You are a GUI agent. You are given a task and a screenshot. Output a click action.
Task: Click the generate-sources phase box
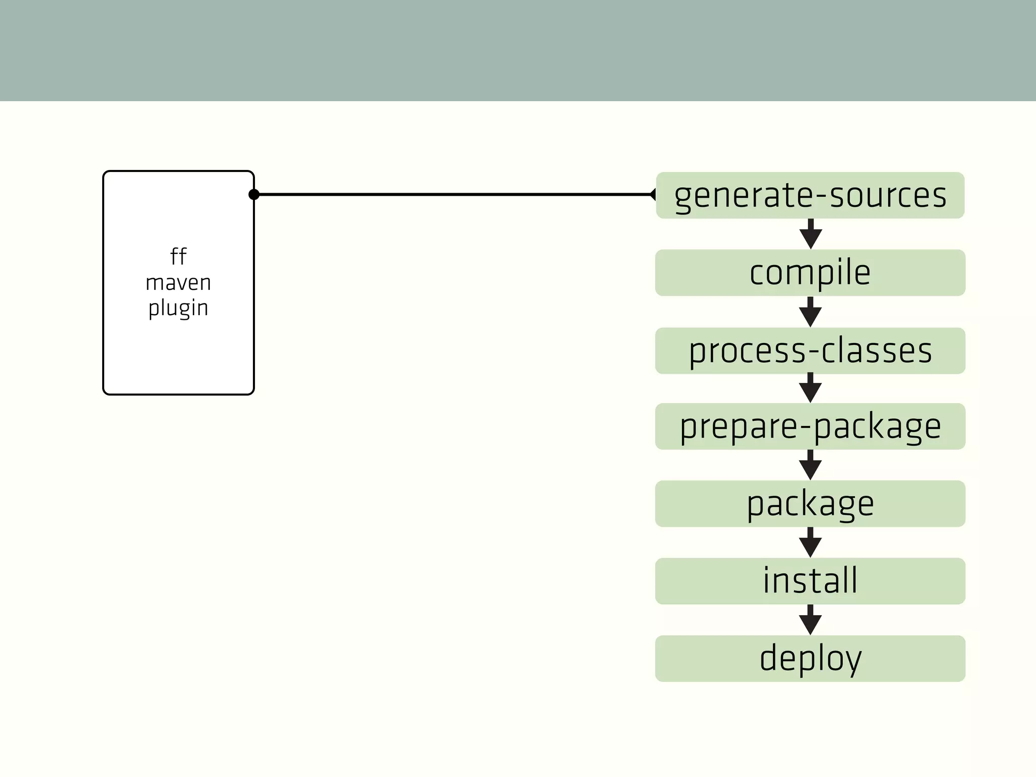810,195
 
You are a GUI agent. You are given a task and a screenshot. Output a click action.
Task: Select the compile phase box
810,273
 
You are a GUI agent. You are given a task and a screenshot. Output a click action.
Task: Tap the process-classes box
810,351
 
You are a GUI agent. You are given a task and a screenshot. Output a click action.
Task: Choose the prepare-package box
810,426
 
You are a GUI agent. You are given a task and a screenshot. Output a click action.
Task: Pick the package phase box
810,504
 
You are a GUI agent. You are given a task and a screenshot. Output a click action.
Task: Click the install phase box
810,581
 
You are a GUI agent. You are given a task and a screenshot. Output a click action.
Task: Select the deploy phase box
810,658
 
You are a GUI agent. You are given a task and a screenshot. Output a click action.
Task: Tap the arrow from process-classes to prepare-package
810,388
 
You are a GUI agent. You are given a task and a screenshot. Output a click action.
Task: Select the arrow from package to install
810,543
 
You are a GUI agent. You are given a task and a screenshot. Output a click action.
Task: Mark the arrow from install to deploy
810,620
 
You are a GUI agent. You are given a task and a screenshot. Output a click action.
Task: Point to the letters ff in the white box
178,256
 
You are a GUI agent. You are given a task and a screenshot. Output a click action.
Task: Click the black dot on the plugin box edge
254,194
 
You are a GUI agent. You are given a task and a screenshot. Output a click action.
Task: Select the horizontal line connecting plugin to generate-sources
455,194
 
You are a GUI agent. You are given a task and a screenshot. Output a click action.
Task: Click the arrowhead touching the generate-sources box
653,194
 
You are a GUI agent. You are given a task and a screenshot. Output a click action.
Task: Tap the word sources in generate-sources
888,195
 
